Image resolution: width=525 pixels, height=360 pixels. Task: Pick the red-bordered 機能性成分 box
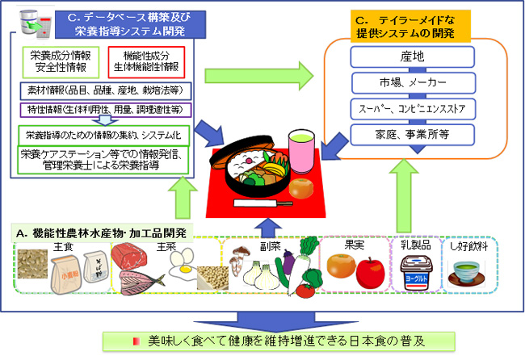click(x=145, y=62)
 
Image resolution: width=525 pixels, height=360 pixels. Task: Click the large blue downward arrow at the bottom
click(x=262, y=318)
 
